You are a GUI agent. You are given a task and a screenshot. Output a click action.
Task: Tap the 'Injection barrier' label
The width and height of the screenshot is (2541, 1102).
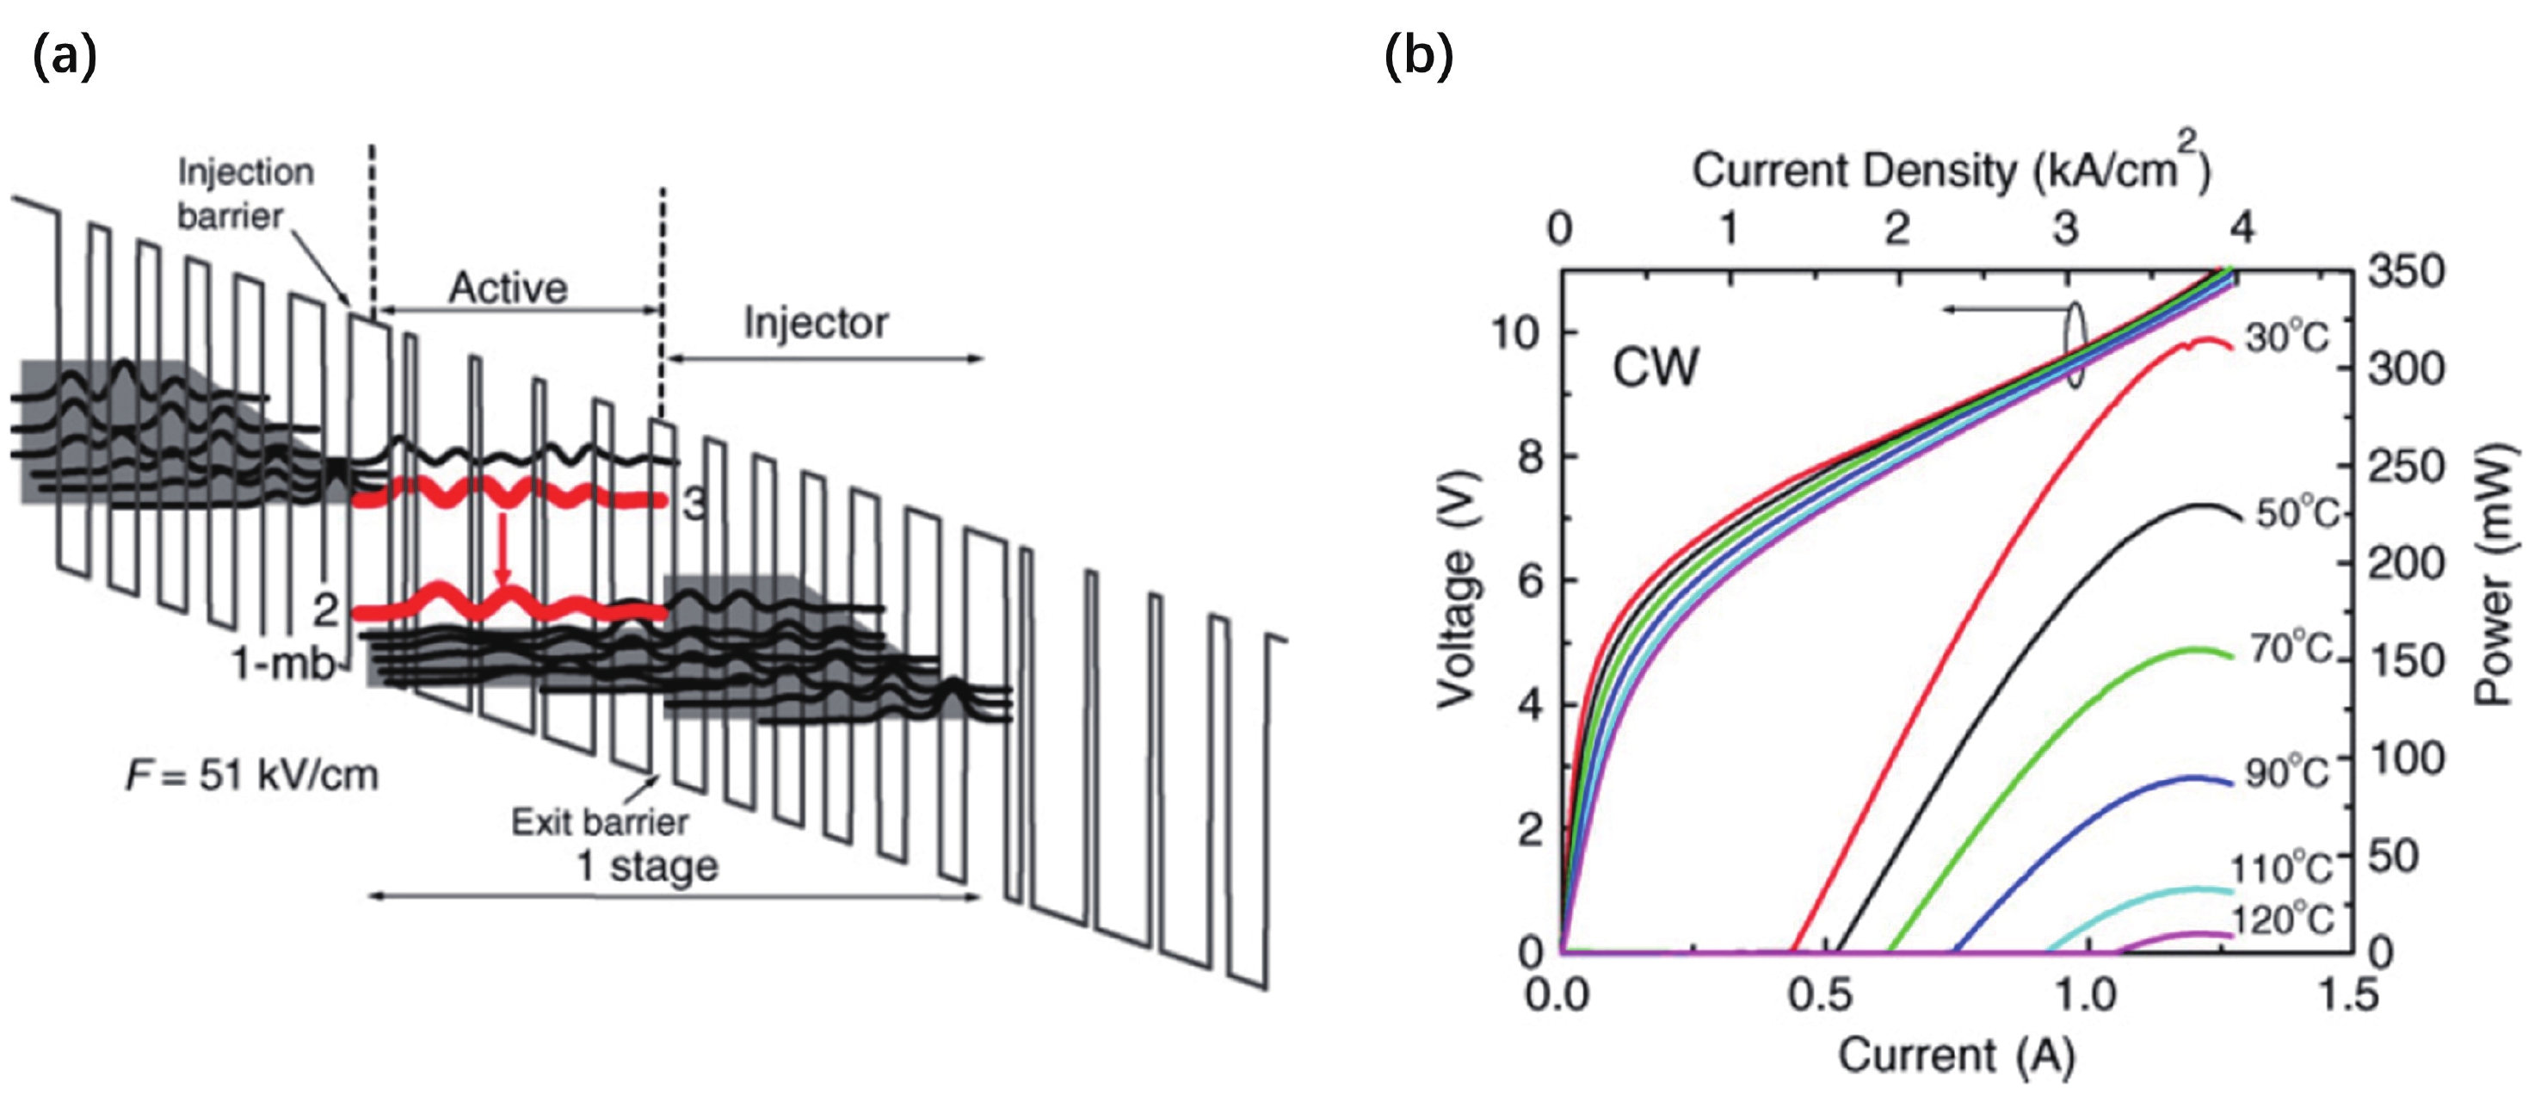click(245, 194)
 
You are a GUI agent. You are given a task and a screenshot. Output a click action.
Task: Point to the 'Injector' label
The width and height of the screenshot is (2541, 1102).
click(816, 324)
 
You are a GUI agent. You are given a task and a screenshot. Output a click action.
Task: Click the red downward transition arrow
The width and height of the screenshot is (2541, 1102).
click(503, 548)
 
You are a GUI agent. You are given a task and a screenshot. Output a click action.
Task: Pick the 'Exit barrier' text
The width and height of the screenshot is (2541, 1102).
click(600, 822)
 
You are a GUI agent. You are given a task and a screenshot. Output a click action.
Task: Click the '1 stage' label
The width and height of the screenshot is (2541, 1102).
click(647, 866)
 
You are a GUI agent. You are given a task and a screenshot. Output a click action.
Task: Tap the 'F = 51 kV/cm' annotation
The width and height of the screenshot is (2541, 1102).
click(251, 777)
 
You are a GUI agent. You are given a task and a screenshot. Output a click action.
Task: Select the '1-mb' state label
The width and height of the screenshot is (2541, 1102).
click(283, 665)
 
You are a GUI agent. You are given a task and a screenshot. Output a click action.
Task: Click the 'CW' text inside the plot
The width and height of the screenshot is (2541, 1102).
click(1656, 368)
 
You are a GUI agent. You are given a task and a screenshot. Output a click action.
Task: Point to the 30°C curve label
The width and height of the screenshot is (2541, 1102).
click(2286, 338)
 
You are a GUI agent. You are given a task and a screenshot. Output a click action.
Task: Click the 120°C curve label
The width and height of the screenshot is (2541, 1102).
click(2283, 919)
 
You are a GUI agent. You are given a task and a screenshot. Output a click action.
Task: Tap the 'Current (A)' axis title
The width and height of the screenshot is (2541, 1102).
click(1956, 1056)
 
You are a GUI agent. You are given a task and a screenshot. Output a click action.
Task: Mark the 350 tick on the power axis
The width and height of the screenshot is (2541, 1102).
click(2407, 271)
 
